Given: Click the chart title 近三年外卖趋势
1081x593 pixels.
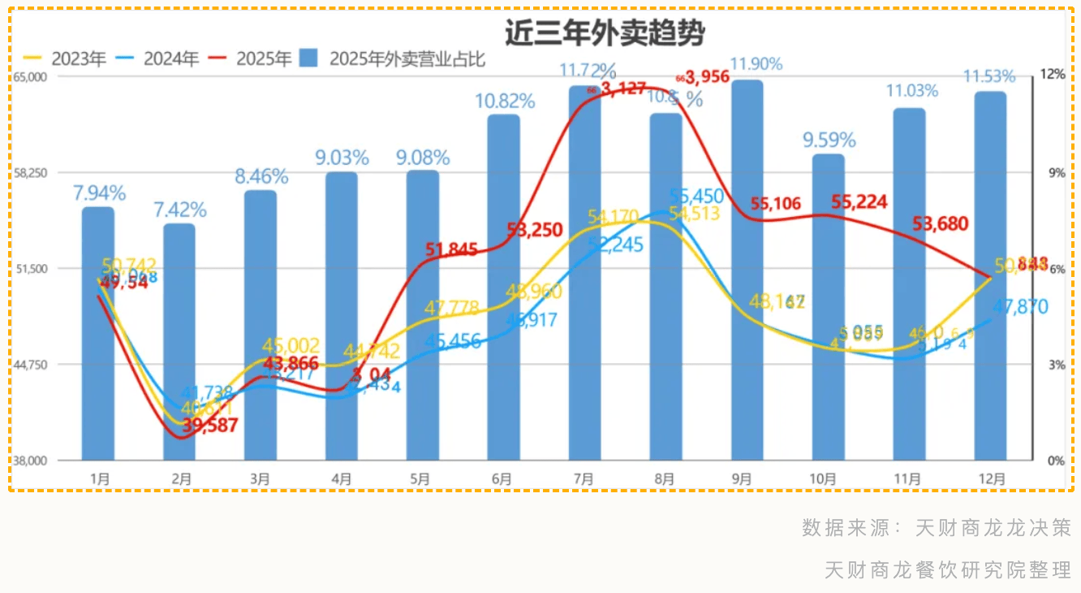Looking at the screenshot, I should click(x=605, y=33).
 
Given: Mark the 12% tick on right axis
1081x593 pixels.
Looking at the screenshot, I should click(x=1053, y=74).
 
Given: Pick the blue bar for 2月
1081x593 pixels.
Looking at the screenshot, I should click(x=179, y=341).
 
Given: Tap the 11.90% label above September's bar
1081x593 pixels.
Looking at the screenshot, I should click(x=756, y=63).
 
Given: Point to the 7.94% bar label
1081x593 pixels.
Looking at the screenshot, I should click(x=99, y=193).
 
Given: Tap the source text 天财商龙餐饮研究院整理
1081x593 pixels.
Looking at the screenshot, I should click(x=948, y=569).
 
